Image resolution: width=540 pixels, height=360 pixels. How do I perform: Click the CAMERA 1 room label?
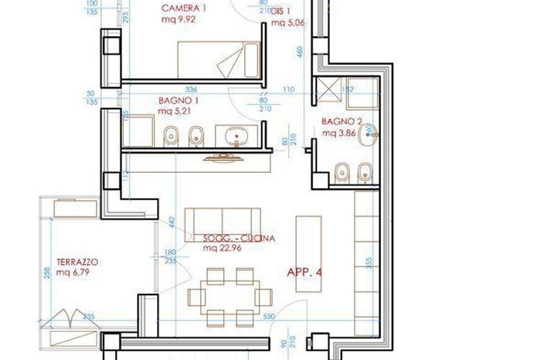click(x=184, y=8)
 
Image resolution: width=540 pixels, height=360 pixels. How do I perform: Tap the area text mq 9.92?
click(x=179, y=19)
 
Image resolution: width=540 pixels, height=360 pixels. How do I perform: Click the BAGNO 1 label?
click(x=178, y=102)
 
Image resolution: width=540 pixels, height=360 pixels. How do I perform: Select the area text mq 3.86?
click(x=340, y=134)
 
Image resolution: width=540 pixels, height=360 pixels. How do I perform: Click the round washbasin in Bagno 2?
click(x=369, y=132)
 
